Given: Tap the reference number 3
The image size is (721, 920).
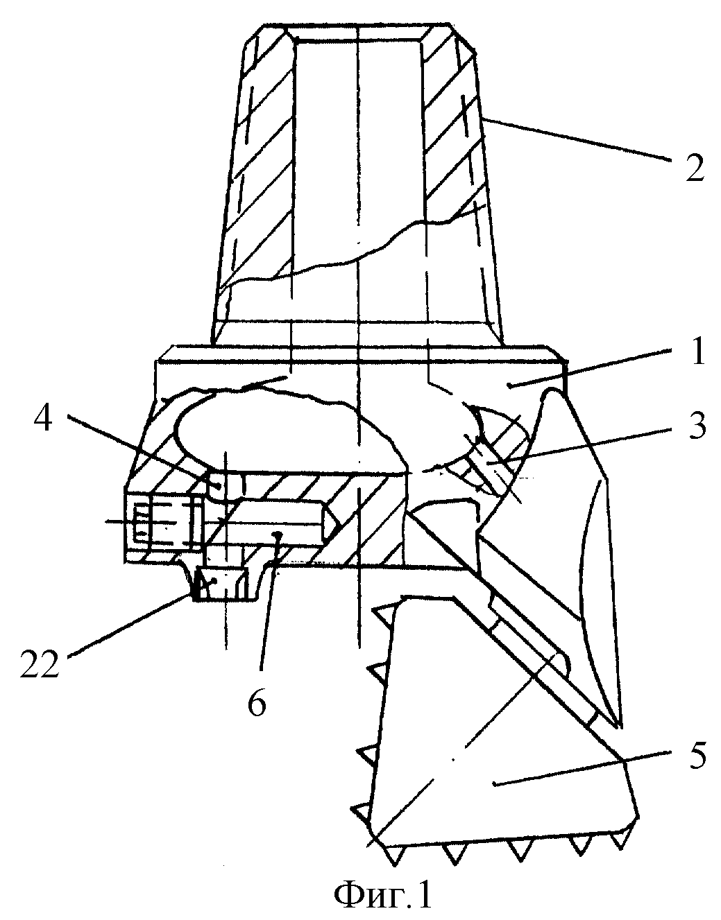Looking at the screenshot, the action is click(695, 428).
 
